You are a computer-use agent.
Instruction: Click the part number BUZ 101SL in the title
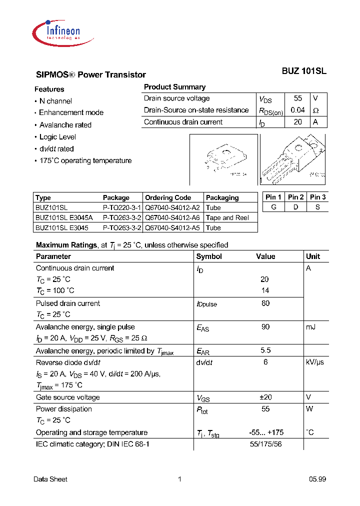point(303,71)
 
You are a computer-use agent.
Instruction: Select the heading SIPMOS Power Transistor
point(91,75)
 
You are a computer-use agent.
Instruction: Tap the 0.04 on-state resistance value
point(297,110)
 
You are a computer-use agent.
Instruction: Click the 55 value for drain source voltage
point(298,98)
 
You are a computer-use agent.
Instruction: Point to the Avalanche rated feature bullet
point(65,125)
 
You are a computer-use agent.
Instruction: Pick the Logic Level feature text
point(58,137)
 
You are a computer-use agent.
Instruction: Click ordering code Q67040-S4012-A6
point(172,217)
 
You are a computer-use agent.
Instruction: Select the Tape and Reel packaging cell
point(227,217)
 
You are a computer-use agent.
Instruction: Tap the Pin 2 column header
point(295,197)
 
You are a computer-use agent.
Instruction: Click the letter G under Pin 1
point(273,207)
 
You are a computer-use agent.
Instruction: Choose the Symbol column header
point(209,256)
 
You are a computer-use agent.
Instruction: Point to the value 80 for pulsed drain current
point(265,303)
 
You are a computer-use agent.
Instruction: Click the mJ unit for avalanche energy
point(310,327)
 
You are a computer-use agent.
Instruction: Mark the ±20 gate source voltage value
point(265,397)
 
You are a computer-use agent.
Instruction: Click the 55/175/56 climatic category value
point(265,444)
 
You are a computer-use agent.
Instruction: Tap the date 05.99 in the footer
point(317,479)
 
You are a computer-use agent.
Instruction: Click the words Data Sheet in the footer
point(50,479)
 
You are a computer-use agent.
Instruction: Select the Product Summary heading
point(174,87)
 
